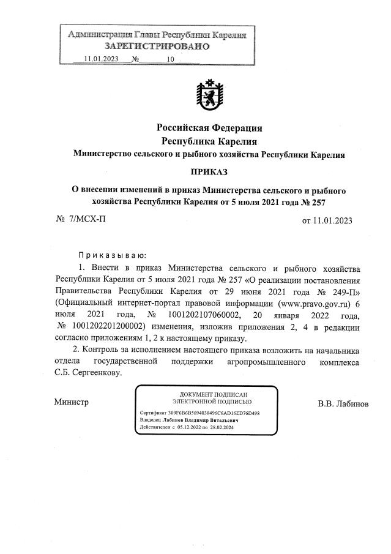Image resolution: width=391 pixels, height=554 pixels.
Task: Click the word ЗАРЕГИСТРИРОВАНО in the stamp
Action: coord(157,47)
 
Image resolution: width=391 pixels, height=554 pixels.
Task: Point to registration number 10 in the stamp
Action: coord(170,59)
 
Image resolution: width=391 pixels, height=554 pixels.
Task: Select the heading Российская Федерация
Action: coord(209,128)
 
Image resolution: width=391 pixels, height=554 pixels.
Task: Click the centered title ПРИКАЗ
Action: coord(209,172)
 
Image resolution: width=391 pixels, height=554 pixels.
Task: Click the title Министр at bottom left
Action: coord(71,402)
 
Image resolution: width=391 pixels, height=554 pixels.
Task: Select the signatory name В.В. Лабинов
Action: coord(343,404)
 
